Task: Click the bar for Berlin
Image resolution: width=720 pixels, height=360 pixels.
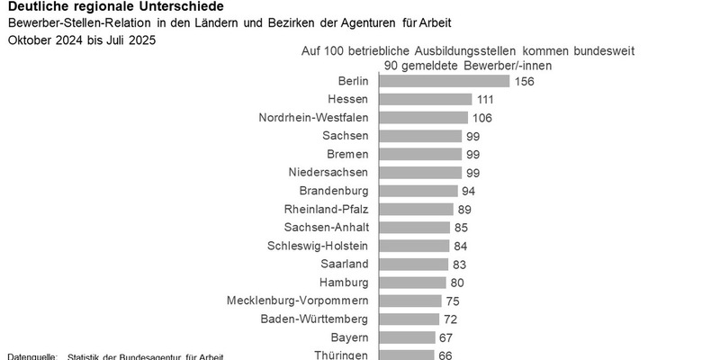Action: (444, 81)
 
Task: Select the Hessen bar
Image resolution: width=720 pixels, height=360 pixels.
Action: (426, 99)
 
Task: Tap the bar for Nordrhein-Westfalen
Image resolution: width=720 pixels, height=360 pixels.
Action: (423, 118)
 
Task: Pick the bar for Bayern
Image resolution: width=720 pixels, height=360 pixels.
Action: (407, 337)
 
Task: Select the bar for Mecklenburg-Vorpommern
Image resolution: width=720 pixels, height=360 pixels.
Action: (410, 301)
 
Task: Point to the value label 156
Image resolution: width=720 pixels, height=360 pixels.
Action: (525, 81)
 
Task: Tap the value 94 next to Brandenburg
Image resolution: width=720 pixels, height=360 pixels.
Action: (468, 191)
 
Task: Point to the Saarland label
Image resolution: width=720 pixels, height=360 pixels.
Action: (345, 264)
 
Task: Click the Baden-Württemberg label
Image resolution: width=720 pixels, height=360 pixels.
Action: (314, 319)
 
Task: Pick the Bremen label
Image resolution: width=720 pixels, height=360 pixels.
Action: (347, 154)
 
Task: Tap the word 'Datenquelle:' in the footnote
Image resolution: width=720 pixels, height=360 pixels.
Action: (32, 356)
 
